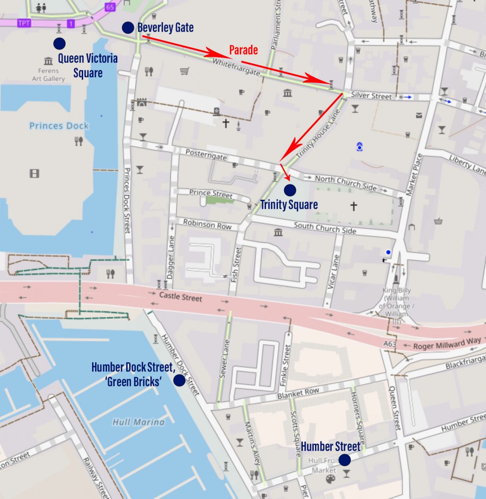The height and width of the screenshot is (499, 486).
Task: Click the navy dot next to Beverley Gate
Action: pyautogui.click(x=128, y=28)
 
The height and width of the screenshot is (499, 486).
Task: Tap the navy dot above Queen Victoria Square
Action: pyautogui.click(x=59, y=43)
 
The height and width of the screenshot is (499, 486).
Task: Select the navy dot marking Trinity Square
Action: pyautogui.click(x=290, y=190)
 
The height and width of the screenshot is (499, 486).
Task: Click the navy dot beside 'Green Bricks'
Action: pyautogui.click(x=179, y=380)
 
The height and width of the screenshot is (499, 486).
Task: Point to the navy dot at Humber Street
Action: pyautogui.click(x=344, y=460)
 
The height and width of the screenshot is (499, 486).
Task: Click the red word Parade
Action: pyautogui.click(x=243, y=50)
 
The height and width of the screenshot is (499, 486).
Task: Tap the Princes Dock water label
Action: pyautogui.click(x=59, y=126)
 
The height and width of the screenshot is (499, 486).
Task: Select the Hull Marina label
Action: pyautogui.click(x=138, y=422)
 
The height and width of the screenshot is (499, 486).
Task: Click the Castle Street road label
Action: pyautogui.click(x=180, y=296)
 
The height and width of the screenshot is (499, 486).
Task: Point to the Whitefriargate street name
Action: pyautogui.click(x=236, y=67)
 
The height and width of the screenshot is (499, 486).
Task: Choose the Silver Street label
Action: pyautogui.click(x=371, y=96)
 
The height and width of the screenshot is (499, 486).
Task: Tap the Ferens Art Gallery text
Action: pyautogui.click(x=49, y=75)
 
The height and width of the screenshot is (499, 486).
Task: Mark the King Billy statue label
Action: pyautogui.click(x=396, y=302)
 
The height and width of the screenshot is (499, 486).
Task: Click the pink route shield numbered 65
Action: pyautogui.click(x=110, y=7)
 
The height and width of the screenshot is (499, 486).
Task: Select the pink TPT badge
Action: pyautogui.click(x=24, y=23)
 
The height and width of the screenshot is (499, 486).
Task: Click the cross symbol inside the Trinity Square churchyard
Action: pyautogui.click(x=353, y=207)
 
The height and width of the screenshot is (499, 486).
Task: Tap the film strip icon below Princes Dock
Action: pyautogui.click(x=35, y=173)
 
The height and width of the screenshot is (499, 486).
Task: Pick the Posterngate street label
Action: pyautogui.click(x=206, y=155)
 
